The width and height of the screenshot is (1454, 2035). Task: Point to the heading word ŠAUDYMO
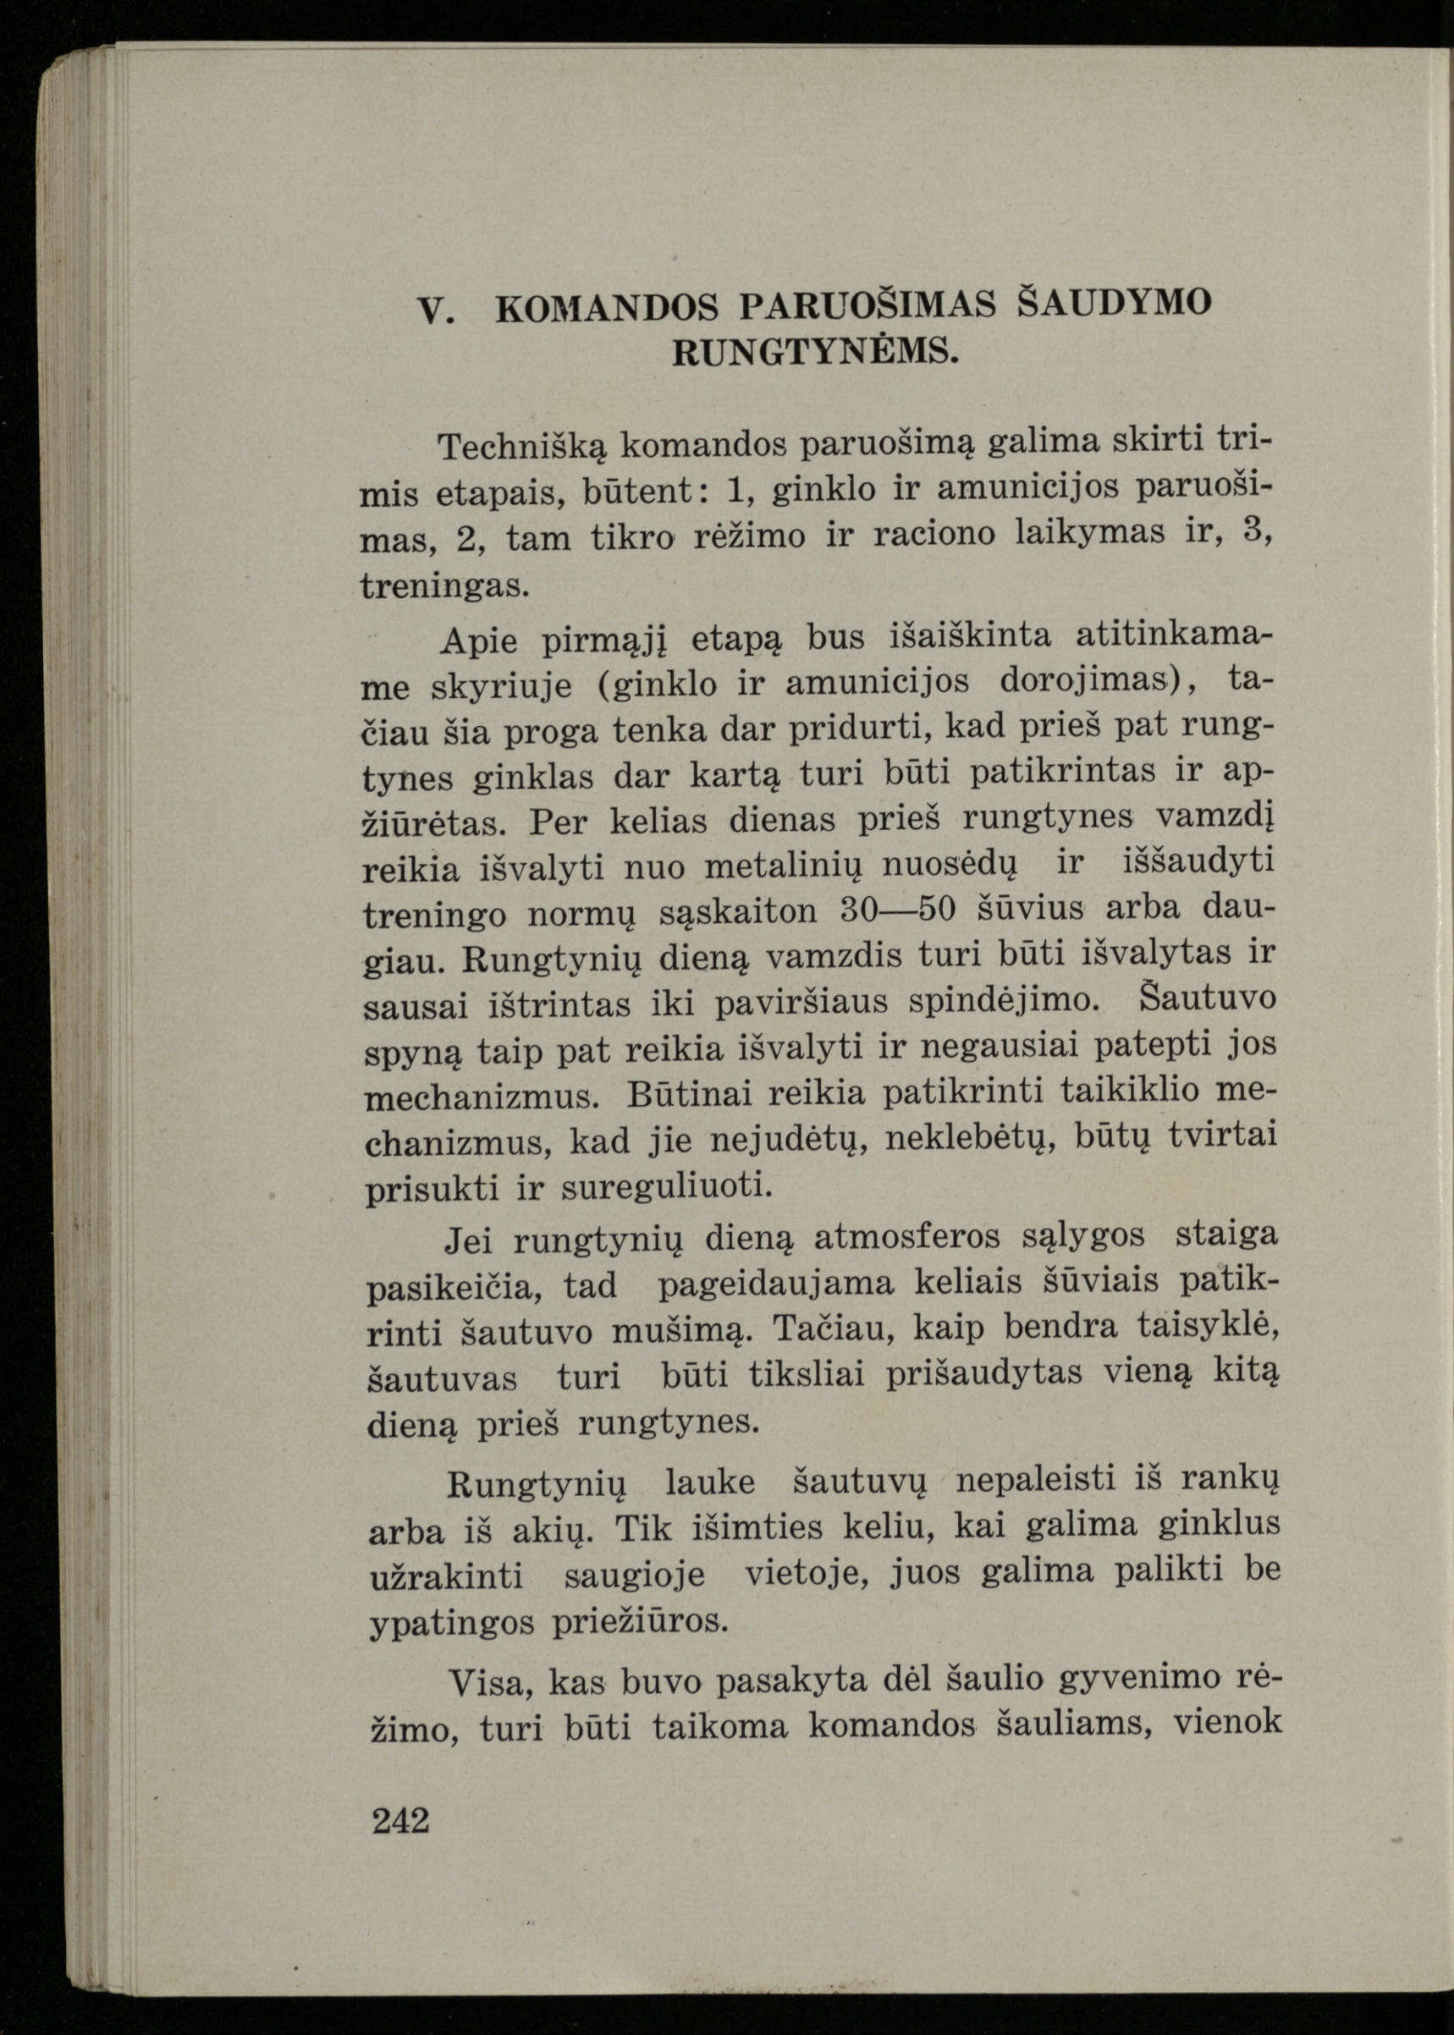pos(1115,302)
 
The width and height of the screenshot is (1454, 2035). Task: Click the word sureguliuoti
pos(666,1187)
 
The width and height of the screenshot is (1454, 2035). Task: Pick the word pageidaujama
pos(775,1284)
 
